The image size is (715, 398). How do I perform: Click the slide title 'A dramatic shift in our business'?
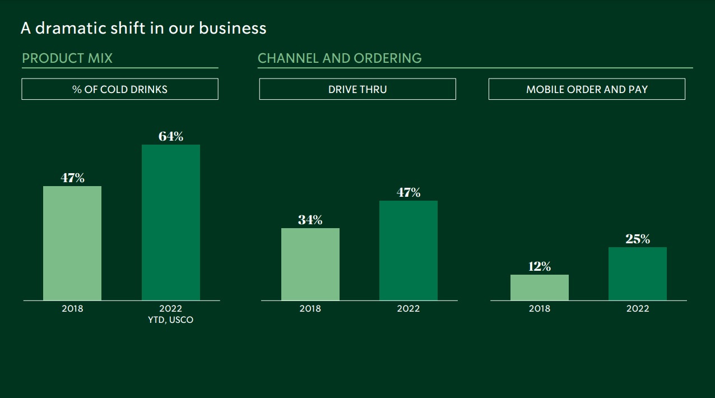coord(143,28)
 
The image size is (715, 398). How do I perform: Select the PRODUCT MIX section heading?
coord(67,58)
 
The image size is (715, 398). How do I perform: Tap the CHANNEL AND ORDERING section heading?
coord(340,58)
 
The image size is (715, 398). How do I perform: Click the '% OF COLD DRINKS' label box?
coord(120,89)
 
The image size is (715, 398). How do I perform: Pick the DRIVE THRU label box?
coord(357,89)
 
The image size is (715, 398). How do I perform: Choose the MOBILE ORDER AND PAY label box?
coord(587,89)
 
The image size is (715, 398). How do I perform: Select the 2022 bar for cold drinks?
coord(171,223)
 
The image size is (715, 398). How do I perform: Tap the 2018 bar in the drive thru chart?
coord(310,264)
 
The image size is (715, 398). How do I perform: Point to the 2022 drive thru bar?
coord(408,251)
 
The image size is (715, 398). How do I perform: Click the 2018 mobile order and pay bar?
coord(540,287)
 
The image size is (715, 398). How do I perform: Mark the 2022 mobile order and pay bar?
coord(638,274)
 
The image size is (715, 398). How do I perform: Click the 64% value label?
coord(171,136)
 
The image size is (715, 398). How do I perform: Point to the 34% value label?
coord(310,220)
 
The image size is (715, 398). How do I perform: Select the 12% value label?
coord(540,266)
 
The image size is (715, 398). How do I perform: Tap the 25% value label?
coord(638,239)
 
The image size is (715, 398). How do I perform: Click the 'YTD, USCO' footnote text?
coord(171,320)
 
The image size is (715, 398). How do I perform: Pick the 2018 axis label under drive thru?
coord(310,309)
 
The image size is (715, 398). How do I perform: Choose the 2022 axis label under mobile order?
coord(638,309)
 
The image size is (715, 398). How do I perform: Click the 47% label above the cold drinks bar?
coord(72,178)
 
